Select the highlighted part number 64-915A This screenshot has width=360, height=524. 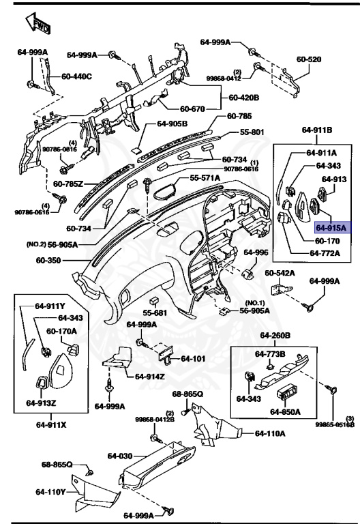coord(331,227)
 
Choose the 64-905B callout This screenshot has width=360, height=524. coord(172,123)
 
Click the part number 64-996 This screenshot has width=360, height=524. coord(256,252)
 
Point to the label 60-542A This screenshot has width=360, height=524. coord(280,273)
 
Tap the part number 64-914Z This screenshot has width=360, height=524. coord(151,376)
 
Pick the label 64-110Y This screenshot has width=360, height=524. coord(51,491)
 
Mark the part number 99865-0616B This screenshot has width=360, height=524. coord(334,424)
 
